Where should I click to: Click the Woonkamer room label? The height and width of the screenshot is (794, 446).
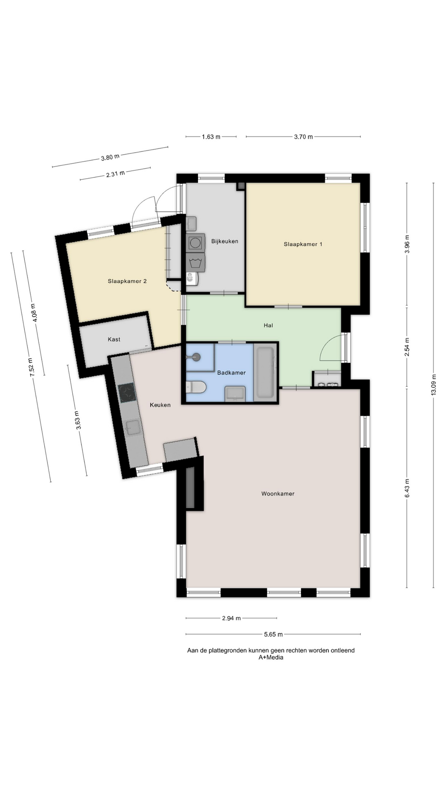pos(278,493)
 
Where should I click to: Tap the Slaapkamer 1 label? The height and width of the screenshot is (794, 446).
pos(303,244)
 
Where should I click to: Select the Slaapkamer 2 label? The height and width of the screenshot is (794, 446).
pos(127,281)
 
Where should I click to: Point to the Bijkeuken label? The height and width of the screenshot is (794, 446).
pos(225,241)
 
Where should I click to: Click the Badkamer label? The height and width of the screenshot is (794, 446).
pos(231,373)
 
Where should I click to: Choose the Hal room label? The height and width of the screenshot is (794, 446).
pos(268,325)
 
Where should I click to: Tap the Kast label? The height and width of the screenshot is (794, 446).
pos(114,340)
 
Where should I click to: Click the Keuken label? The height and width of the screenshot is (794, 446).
pos(160,405)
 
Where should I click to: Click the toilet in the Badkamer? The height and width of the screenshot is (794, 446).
pos(196,387)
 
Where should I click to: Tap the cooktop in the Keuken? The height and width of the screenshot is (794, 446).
pos(127,393)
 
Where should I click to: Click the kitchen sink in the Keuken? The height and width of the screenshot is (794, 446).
pos(133,428)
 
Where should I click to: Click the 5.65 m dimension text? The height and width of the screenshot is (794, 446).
pos(273,634)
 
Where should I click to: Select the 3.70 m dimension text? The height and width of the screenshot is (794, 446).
pos(303,137)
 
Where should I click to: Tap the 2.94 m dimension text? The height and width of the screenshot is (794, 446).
pos(231,618)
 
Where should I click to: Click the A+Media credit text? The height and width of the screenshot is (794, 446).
pos(271,657)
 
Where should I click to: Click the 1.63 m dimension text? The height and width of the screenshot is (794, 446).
pos(211,137)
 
